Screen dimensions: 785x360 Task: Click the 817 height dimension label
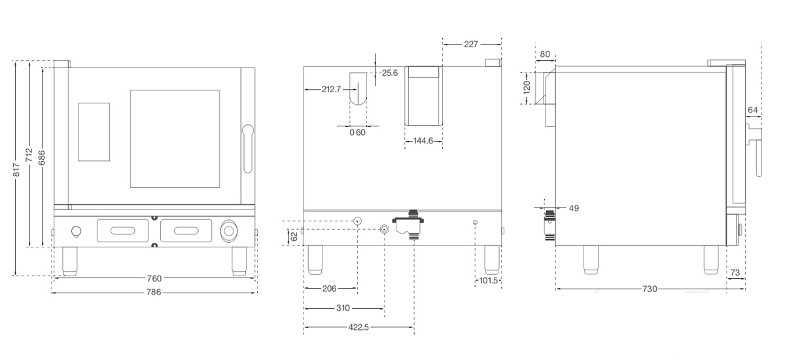(16, 170)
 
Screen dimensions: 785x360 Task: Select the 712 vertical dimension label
(29, 155)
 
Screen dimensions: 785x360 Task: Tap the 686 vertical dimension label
(41, 157)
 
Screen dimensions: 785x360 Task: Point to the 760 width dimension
(154, 278)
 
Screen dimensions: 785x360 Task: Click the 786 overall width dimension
(154, 292)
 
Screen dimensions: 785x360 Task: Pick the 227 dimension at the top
(470, 44)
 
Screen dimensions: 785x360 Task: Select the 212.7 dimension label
(331, 90)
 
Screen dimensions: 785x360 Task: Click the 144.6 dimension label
(423, 141)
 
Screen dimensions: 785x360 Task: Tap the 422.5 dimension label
(358, 327)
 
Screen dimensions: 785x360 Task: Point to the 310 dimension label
(343, 308)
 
